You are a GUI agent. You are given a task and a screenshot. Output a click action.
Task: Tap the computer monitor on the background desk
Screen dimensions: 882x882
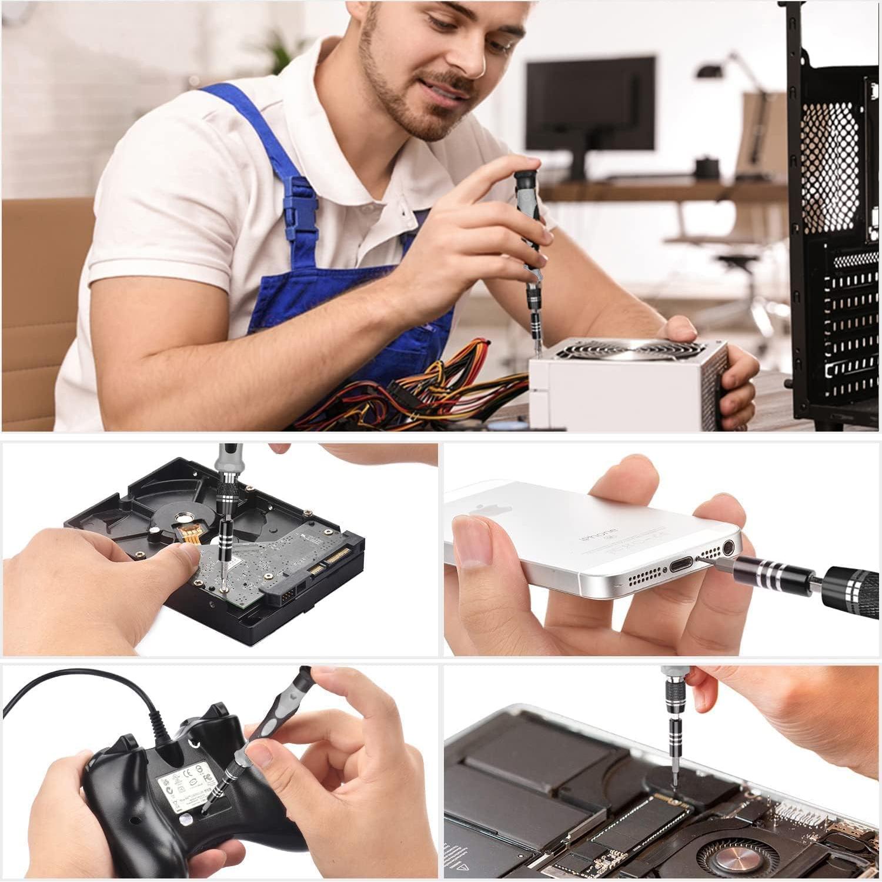590,103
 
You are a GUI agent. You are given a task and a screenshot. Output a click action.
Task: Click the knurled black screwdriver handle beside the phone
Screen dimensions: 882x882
853,588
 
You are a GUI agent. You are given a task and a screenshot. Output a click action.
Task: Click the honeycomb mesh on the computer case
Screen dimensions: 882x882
831,165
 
